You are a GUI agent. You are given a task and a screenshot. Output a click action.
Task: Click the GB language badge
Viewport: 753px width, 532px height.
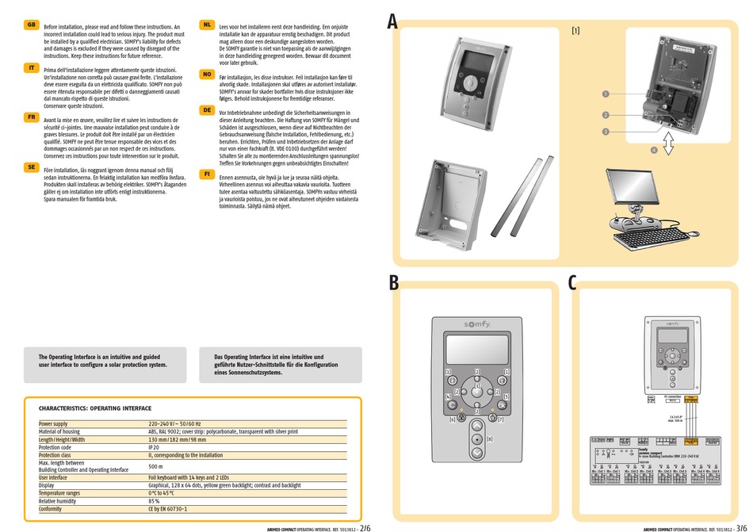pyautogui.click(x=32, y=25)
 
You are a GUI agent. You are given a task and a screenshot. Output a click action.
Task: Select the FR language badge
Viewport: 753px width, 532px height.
pyautogui.click(x=32, y=117)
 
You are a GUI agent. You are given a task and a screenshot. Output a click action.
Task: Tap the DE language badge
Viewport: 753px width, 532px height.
pyautogui.click(x=207, y=110)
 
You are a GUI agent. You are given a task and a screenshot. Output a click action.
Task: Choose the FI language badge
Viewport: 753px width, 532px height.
pyautogui.click(x=207, y=173)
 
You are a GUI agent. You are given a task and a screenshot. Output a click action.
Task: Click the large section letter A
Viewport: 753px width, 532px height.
pyautogui.click(x=392, y=22)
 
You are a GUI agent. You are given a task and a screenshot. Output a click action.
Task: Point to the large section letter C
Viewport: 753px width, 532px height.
pyautogui.click(x=572, y=284)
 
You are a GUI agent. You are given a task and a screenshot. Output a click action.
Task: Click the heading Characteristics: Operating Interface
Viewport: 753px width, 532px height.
pyautogui.click(x=95, y=408)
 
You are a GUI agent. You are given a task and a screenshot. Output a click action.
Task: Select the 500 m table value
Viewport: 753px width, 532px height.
pyautogui.click(x=155, y=467)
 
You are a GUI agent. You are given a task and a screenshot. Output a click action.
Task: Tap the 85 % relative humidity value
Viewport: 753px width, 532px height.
pyautogui.click(x=155, y=501)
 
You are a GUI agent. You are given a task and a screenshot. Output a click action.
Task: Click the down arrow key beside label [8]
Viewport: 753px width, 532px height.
pyautogui.click(x=477, y=453)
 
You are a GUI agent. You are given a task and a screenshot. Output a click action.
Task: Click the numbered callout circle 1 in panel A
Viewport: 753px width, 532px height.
pyautogui.click(x=605, y=94)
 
